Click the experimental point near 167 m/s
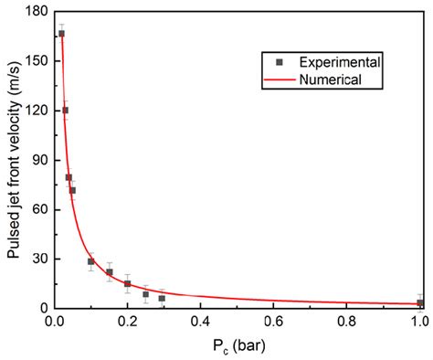[x=62, y=34]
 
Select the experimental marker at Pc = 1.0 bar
[x=420, y=302]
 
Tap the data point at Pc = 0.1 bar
[x=91, y=261]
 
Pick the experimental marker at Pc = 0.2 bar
[x=128, y=283]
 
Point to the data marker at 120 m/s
[x=65, y=111]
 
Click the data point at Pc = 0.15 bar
[x=110, y=272]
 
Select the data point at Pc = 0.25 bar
[x=146, y=294]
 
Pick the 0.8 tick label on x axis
[x=347, y=322]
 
